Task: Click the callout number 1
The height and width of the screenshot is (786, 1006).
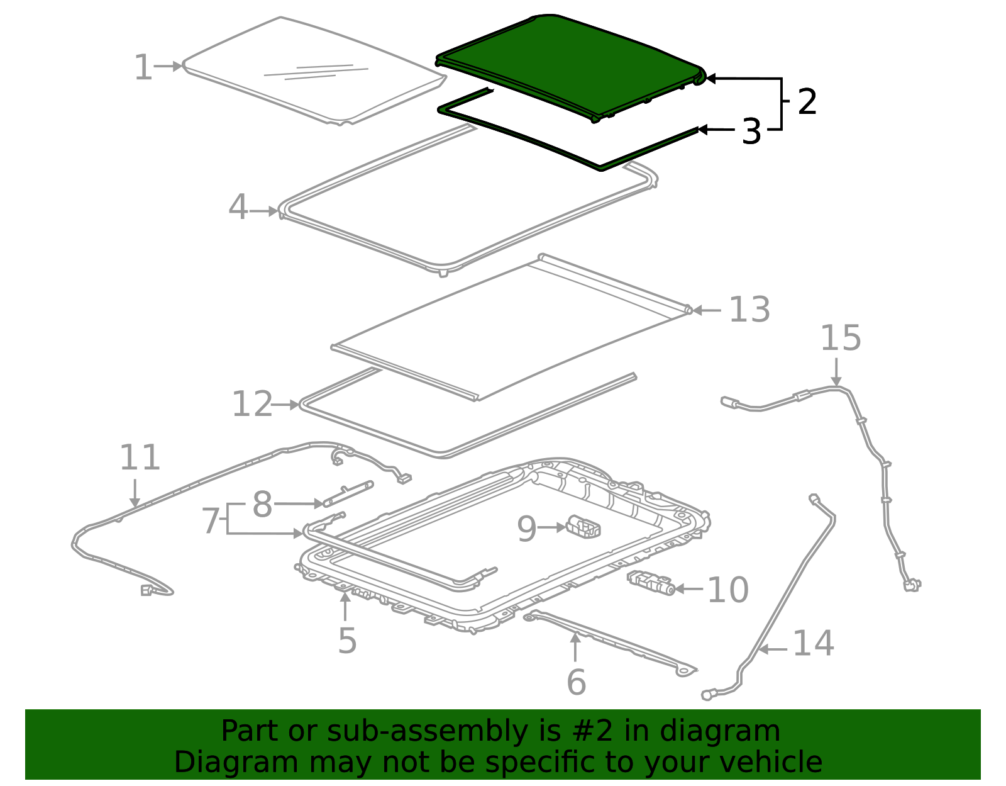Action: pos(143,67)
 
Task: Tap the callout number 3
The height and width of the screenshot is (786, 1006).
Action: pos(751,131)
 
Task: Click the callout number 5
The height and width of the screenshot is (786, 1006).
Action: pos(347,641)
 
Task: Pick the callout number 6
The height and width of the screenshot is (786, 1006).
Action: pos(577,682)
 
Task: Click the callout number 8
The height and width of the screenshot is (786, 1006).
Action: pos(262,504)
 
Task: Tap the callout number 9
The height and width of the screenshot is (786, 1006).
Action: pos(526,529)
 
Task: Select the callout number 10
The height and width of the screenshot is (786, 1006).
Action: pos(727,590)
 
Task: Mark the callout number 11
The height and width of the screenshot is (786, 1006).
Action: pos(140,458)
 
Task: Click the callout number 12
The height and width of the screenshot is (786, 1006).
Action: pos(252,404)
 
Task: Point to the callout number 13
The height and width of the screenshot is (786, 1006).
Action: pos(749,310)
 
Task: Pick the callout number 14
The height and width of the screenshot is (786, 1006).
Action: pos(814,643)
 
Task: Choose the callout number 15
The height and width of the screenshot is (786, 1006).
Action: pos(841,338)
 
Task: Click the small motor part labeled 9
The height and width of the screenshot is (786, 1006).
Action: pos(583,527)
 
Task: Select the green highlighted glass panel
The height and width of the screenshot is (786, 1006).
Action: pos(570,65)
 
